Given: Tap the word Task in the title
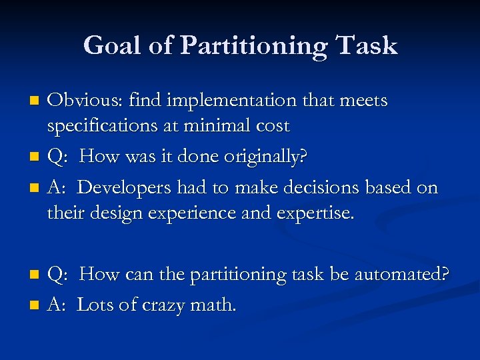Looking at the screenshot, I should point(367,46).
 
